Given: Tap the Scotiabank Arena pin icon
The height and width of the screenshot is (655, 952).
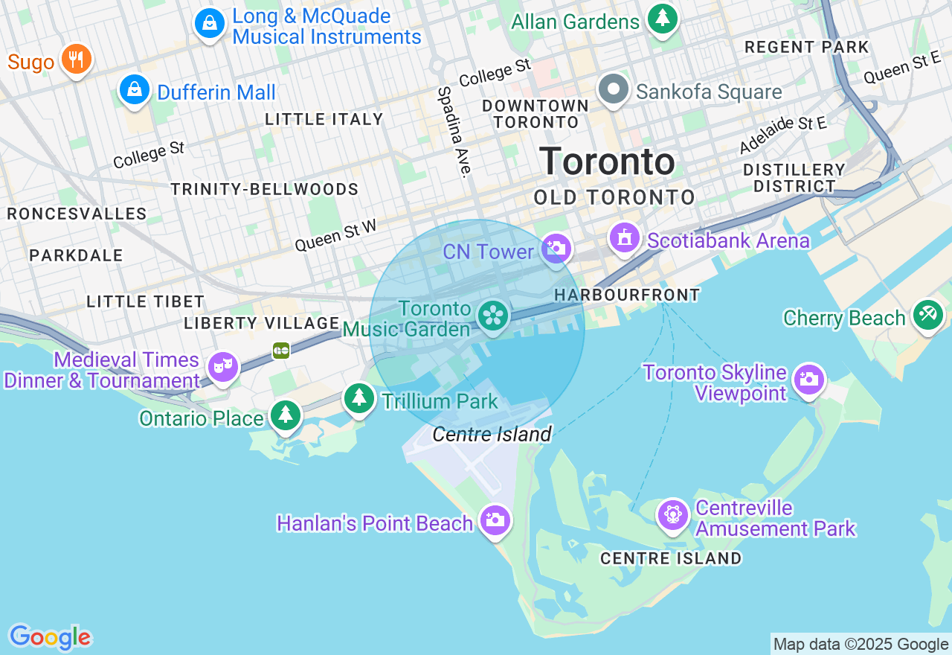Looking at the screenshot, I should pyautogui.click(x=625, y=238).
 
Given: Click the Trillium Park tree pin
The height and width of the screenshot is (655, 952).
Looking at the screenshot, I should pyautogui.click(x=359, y=397).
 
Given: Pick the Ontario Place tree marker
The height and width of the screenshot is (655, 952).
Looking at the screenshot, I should pyautogui.click(x=285, y=415).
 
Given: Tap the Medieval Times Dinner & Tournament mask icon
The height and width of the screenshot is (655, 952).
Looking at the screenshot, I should pyautogui.click(x=222, y=366).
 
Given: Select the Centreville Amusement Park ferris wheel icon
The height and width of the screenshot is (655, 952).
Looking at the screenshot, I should pyautogui.click(x=672, y=514).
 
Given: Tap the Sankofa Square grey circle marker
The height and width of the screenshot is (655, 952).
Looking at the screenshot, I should pyautogui.click(x=614, y=89).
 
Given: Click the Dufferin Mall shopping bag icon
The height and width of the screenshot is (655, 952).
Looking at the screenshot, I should pyautogui.click(x=135, y=90).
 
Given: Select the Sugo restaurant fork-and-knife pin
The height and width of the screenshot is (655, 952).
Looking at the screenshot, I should pyautogui.click(x=76, y=59).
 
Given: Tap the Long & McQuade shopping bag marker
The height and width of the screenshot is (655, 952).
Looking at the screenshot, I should pyautogui.click(x=210, y=23).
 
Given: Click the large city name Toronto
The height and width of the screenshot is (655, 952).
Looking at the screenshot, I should pyautogui.click(x=607, y=162).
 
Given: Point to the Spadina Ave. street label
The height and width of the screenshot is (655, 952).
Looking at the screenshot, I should pyautogui.click(x=454, y=132).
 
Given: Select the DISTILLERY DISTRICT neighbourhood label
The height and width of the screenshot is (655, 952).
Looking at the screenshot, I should pyautogui.click(x=794, y=178).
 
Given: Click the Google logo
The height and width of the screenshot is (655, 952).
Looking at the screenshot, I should pyautogui.click(x=50, y=637).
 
